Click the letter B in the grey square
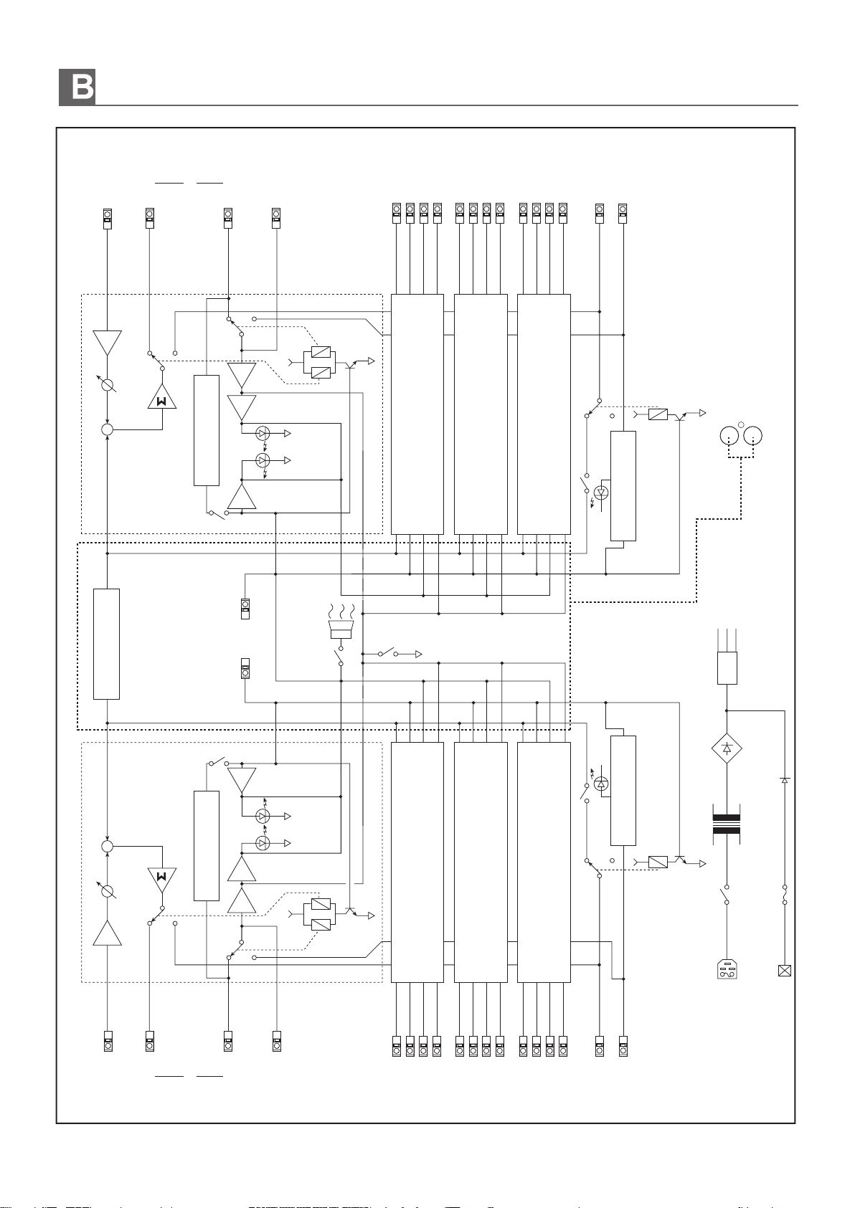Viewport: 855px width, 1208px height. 82,87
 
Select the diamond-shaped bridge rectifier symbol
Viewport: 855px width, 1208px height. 727,748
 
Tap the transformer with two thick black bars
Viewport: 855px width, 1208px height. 727,824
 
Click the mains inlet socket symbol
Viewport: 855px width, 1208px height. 727,969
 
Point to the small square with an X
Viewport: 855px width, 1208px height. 784,971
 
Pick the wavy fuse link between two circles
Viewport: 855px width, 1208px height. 784,894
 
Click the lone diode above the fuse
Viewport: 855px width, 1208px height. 785,780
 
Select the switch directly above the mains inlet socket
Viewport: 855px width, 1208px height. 725,894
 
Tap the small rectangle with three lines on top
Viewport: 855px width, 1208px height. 727,667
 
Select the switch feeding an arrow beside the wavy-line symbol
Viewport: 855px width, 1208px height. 387,652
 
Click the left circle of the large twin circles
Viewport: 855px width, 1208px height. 729,436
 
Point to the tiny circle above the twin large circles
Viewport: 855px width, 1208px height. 741,425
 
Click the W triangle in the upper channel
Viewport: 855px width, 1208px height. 162,397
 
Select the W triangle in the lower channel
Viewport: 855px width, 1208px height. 162,880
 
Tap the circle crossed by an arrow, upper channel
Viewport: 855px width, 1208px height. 108,384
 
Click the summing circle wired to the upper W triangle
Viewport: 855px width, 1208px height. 108,430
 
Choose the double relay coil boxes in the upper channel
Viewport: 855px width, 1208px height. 321,362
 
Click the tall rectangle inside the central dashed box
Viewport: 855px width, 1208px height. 106,644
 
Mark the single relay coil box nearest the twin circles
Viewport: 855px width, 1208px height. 658,414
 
